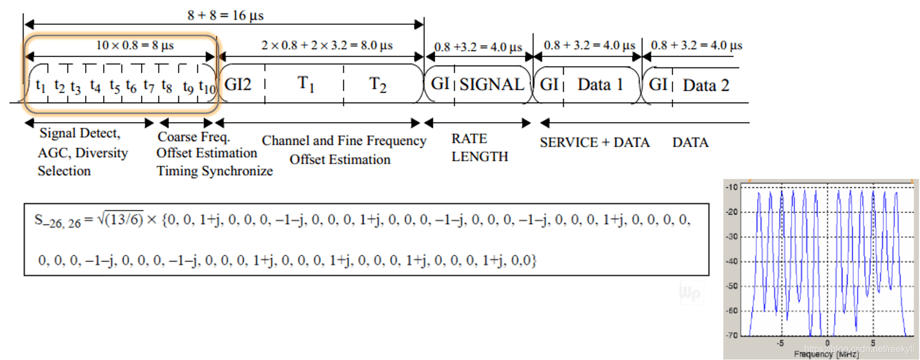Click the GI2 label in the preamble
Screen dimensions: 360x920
238,85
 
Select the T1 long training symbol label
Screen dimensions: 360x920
306,84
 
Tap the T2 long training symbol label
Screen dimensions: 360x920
378,85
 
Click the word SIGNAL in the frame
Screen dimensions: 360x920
492,85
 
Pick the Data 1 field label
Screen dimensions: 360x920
600,85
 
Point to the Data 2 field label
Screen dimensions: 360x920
706,85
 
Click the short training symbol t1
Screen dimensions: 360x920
40,86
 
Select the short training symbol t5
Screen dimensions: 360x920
115,86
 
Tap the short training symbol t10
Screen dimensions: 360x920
207,87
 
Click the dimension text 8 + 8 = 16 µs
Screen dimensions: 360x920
225,16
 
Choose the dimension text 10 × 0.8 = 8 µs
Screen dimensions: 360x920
135,45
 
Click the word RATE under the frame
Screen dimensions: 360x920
469,139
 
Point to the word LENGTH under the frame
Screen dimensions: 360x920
480,157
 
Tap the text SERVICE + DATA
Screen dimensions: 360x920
594,142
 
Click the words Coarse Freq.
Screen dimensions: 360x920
193,137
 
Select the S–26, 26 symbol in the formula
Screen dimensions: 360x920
57,221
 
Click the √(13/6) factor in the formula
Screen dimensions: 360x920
120,219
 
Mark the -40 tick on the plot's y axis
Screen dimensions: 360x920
731,261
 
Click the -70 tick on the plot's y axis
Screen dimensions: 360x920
731,335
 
